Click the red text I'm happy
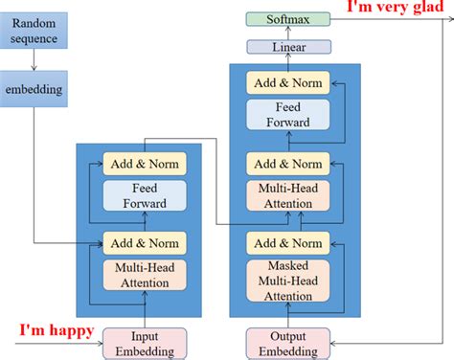[x=57, y=331]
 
